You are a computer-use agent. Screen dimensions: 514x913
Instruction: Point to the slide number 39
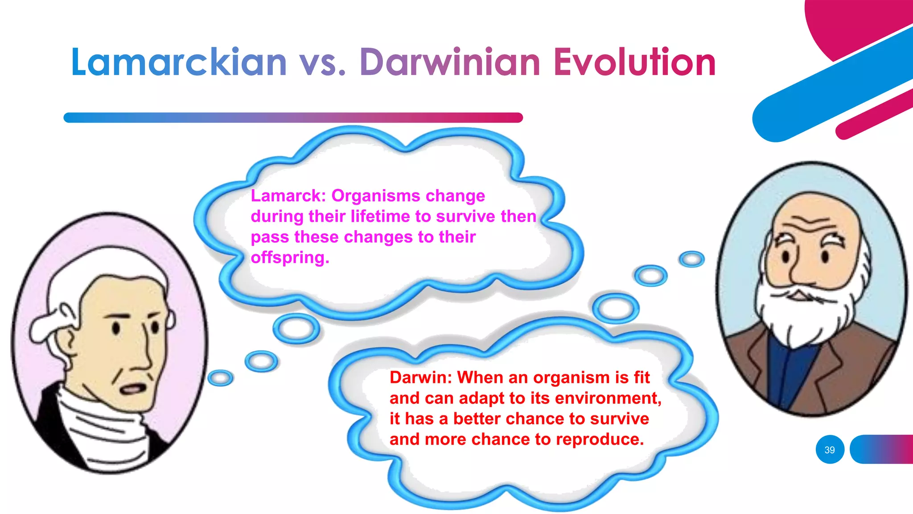830,450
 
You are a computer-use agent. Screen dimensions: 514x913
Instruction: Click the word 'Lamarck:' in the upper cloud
288,195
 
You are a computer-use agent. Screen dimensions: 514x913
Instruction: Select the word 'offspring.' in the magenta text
290,257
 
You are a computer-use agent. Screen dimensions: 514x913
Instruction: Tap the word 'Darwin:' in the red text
421,377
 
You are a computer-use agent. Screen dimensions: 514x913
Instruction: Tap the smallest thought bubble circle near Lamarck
220,378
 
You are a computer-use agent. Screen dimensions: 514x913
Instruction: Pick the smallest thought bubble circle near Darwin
691,259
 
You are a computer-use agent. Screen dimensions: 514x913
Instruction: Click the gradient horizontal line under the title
293,118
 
